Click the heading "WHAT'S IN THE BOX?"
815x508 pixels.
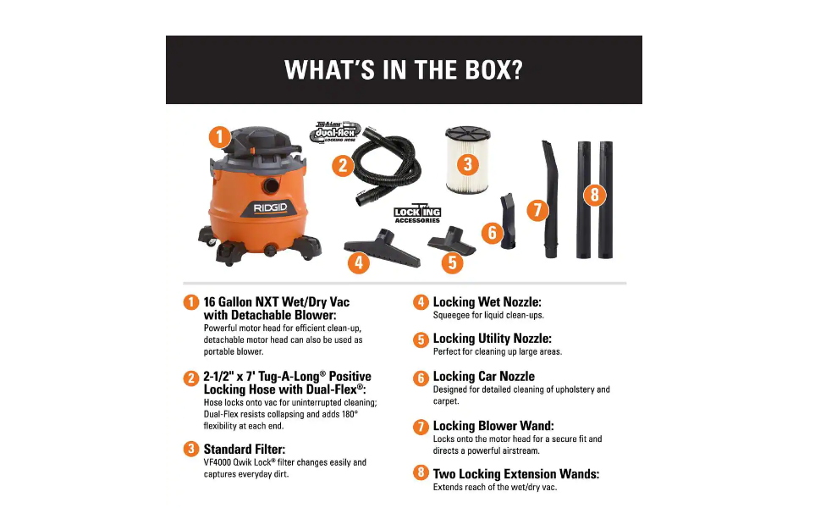click(x=404, y=69)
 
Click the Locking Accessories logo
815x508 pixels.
click(x=418, y=214)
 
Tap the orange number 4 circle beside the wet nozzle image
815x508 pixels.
click(x=358, y=262)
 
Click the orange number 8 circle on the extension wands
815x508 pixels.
click(x=594, y=196)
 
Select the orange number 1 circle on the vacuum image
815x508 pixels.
click(x=218, y=136)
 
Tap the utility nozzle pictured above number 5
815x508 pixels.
click(x=452, y=240)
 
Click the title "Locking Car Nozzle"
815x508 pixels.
click(x=483, y=377)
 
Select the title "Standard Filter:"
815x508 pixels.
click(x=245, y=449)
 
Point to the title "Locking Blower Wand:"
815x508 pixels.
click(x=493, y=426)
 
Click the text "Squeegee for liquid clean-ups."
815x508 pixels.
click(x=488, y=315)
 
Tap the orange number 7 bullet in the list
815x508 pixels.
click(x=421, y=428)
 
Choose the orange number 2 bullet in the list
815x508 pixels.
click(x=191, y=378)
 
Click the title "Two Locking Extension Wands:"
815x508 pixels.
click(x=515, y=474)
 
